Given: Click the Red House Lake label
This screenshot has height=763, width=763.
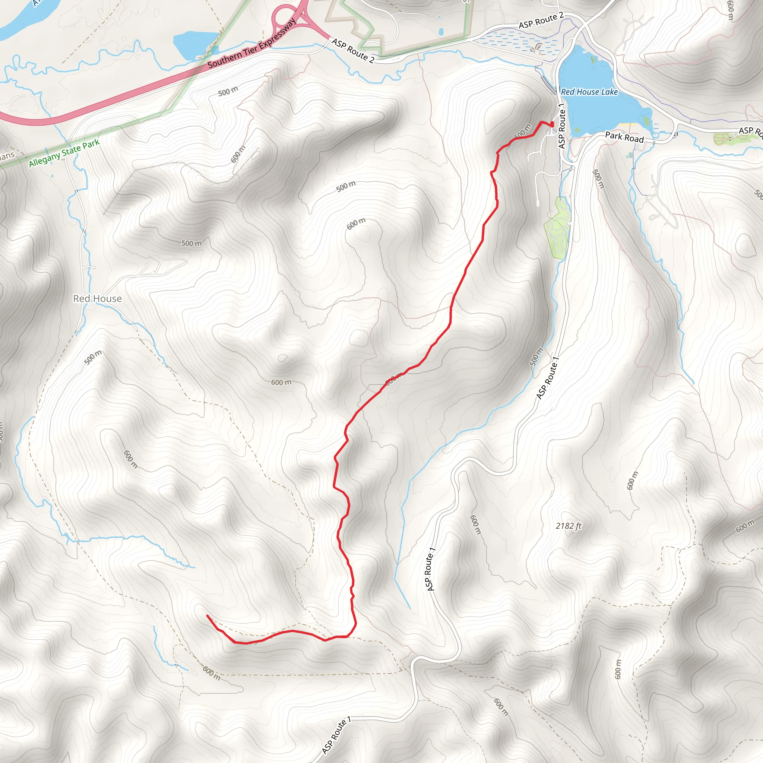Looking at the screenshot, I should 589,92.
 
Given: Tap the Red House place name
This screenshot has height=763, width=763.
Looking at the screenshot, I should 97,298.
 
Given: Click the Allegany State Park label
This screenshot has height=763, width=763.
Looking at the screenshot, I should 64,153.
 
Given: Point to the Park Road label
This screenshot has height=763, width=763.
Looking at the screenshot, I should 624,137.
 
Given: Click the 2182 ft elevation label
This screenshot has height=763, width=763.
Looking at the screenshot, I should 568,526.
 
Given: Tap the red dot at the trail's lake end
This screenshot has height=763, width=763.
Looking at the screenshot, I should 552,124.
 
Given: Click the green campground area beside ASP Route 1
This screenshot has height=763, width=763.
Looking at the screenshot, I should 558,228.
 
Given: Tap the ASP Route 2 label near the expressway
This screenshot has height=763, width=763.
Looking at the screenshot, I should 353,51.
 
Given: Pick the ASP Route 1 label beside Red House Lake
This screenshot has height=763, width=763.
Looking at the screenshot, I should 562,126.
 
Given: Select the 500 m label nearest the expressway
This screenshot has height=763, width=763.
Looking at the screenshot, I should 228,92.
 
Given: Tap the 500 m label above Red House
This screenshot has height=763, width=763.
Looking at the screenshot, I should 191,243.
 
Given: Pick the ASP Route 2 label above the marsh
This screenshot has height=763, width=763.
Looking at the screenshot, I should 541,20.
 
